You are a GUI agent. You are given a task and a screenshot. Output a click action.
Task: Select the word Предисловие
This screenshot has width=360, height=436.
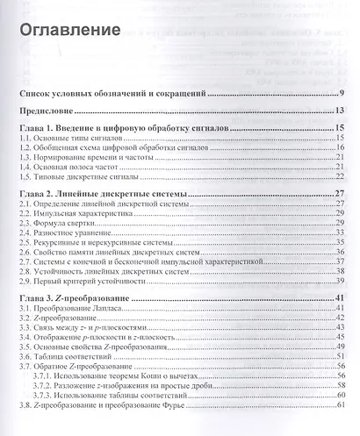(x=47, y=111)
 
